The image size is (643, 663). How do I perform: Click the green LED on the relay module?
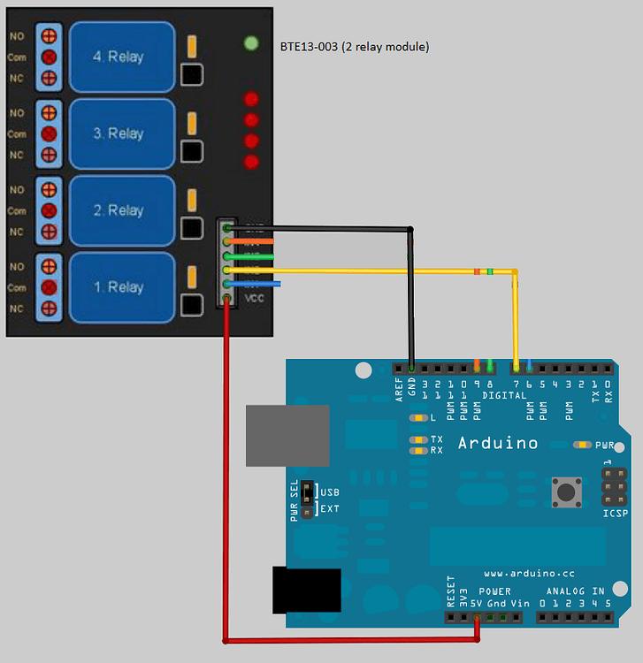251,42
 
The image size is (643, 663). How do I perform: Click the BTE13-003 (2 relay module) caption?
354,46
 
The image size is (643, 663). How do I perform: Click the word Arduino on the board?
497,443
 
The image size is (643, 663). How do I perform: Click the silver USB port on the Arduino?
287,436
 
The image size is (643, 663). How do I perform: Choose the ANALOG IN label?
575,591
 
